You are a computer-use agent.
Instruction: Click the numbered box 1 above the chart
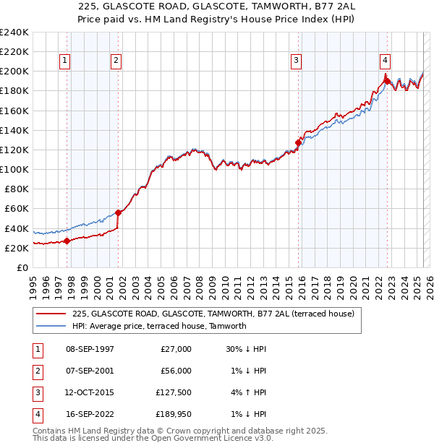coord(66,61)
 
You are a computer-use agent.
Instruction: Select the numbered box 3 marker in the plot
coord(296,61)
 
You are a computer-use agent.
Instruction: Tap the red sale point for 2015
coord(298,142)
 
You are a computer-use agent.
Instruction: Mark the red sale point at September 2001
coord(118,212)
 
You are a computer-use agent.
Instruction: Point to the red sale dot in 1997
coord(67,241)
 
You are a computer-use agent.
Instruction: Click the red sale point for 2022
coord(386,81)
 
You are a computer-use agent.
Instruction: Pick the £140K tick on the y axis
coord(14,130)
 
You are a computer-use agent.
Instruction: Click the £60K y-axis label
coord(17,209)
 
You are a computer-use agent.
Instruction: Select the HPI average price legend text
coord(159,326)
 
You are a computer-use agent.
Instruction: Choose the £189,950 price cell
coord(174,415)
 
